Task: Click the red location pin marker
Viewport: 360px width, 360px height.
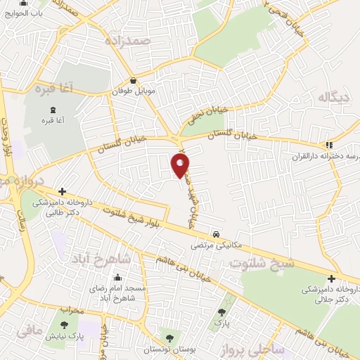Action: click(x=181, y=165)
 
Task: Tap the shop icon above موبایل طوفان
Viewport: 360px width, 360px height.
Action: click(x=133, y=81)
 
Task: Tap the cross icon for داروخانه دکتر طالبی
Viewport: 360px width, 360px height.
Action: click(x=63, y=191)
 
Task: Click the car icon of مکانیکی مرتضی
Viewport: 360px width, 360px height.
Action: click(x=216, y=235)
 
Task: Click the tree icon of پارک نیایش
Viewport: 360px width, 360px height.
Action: click(x=65, y=326)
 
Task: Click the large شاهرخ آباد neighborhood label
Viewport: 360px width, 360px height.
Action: click(x=106, y=258)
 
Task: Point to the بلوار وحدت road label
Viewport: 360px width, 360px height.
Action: click(x=7, y=148)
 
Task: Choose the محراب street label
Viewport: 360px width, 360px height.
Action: click(x=72, y=310)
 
